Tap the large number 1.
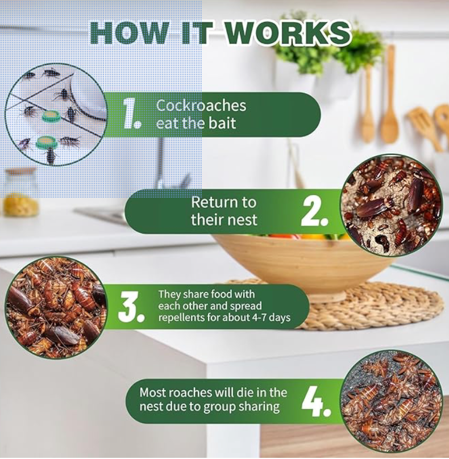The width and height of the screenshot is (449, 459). click(x=132, y=114)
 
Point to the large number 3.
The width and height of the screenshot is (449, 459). click(x=131, y=307)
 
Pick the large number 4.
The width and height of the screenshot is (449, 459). click(x=316, y=402)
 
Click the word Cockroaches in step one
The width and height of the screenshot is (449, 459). click(x=201, y=106)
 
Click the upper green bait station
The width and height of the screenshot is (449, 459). click(x=49, y=116)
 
